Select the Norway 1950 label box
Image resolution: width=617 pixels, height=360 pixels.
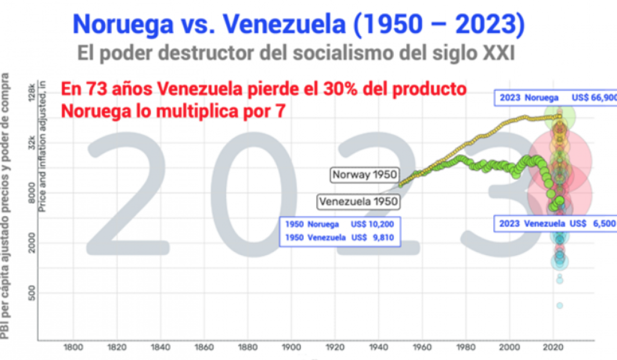pyautogui.click(x=365, y=174)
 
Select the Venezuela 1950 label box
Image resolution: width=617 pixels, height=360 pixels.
pyautogui.click(x=358, y=201)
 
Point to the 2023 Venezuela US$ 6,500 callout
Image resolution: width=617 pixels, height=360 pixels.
pyautogui.click(x=555, y=224)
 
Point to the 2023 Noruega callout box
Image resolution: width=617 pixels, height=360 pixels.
pyautogui.click(x=555, y=98)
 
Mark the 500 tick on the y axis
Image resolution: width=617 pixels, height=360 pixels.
pyautogui.click(x=32, y=294)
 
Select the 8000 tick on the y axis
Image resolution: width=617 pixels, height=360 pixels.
pyautogui.click(x=32, y=193)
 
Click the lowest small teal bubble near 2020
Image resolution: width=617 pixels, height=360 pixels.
pyautogui.click(x=559, y=305)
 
